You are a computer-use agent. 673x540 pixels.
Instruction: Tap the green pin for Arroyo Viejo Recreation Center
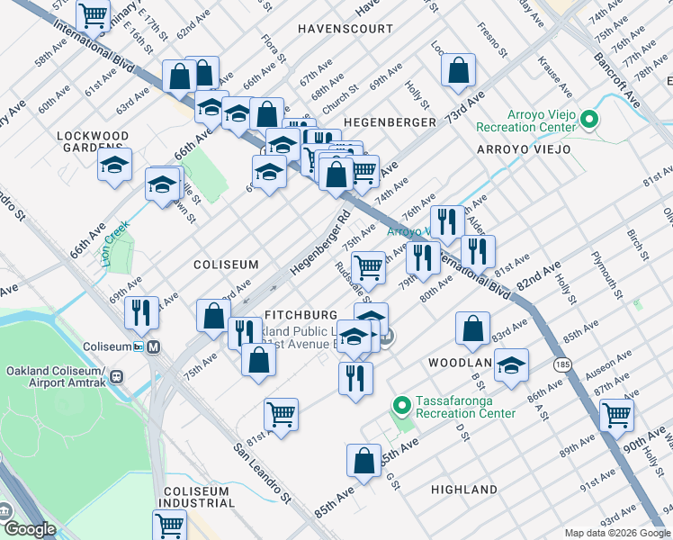click(x=588, y=119)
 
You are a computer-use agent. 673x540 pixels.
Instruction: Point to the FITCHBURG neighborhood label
click(x=301, y=315)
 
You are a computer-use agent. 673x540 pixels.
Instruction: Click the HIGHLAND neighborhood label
click(x=463, y=490)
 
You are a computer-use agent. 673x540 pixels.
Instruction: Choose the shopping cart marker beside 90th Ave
click(x=616, y=415)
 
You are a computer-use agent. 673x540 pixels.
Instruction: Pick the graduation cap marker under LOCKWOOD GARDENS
click(x=114, y=166)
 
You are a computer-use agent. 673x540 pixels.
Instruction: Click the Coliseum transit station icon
click(x=154, y=346)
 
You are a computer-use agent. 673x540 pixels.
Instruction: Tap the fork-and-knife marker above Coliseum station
click(x=141, y=311)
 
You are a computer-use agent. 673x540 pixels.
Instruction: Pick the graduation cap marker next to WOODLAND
click(x=511, y=365)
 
